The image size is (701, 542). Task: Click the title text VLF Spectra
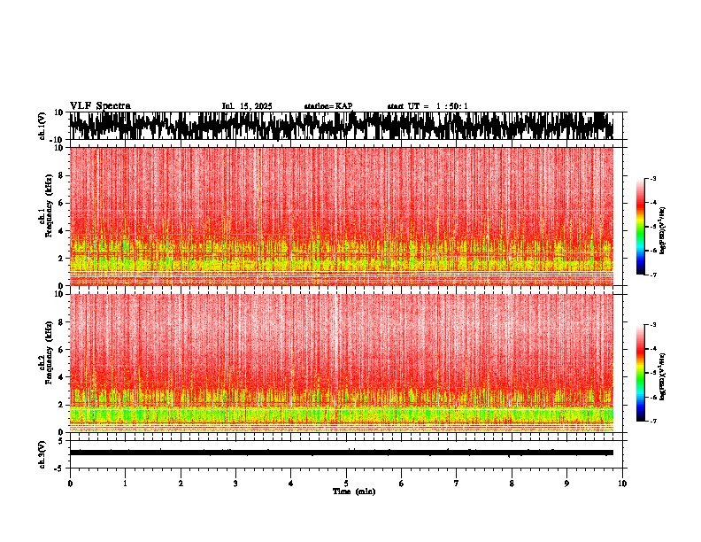[x=100, y=105]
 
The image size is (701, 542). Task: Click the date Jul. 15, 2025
[x=247, y=106]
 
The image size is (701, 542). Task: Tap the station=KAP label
[x=327, y=106]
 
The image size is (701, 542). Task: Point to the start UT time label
[x=428, y=106]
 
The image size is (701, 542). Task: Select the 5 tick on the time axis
[x=346, y=483]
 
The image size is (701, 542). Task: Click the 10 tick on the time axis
[x=623, y=483]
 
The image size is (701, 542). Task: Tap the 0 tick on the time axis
[x=70, y=483]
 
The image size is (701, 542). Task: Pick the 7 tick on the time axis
[x=457, y=483]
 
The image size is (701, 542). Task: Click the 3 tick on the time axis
[x=235, y=483]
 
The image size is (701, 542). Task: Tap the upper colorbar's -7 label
[x=653, y=275]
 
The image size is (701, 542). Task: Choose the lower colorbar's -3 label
[x=653, y=325]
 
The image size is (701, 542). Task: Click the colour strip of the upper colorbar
[x=641, y=227]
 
